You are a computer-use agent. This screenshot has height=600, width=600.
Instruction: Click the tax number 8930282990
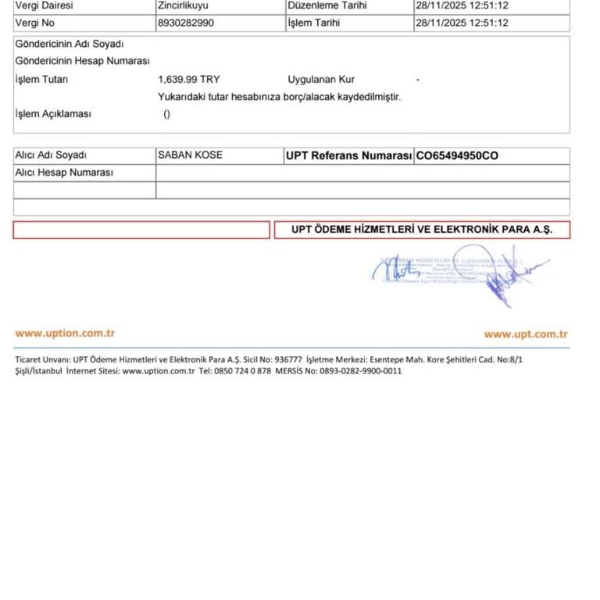(185, 23)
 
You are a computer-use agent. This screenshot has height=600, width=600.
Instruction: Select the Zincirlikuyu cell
(183, 5)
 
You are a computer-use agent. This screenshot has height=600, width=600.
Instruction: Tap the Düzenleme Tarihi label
(327, 5)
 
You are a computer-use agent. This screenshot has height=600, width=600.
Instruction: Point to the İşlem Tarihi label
(314, 23)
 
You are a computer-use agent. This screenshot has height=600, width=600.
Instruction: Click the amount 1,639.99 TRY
(189, 79)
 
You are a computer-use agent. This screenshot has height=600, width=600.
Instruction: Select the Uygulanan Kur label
(321, 79)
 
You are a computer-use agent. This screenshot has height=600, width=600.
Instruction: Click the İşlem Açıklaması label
(53, 114)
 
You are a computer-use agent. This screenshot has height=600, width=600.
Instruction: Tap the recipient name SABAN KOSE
(190, 155)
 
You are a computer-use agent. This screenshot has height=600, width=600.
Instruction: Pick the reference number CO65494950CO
(457, 156)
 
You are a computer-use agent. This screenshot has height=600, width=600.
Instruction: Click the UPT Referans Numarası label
(348, 156)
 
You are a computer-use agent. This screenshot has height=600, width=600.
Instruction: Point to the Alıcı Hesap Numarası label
(64, 173)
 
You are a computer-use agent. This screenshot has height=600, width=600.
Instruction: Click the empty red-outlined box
(141, 230)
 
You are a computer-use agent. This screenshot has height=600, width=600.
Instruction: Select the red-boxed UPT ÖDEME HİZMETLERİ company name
(422, 230)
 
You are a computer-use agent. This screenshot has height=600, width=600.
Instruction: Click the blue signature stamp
(461, 273)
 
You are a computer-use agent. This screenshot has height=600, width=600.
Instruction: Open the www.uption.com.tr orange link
(65, 334)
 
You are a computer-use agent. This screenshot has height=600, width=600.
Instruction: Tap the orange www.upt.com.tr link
(525, 334)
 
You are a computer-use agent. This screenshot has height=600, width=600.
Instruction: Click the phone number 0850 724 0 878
(242, 371)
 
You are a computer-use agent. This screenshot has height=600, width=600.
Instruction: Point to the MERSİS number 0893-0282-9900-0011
(360, 371)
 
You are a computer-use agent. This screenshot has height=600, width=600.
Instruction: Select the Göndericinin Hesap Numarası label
(82, 61)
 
